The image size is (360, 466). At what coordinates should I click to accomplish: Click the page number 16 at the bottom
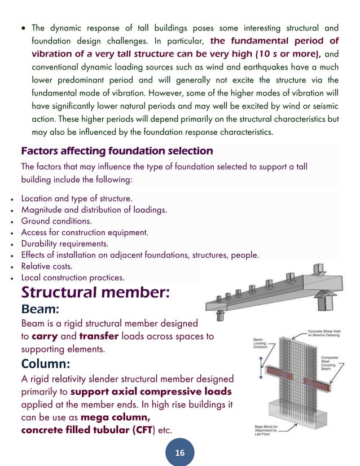point(180,452)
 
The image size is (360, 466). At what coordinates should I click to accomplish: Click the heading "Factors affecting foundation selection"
point(116,151)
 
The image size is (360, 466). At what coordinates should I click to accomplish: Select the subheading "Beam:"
point(44,310)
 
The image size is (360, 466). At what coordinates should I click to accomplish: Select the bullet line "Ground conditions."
point(56,221)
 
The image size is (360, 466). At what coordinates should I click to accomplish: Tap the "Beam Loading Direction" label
point(260,344)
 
